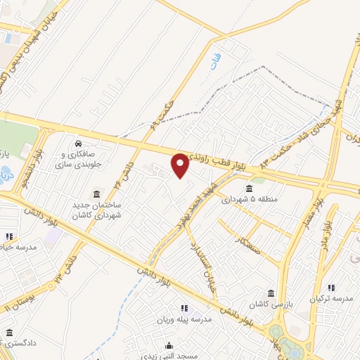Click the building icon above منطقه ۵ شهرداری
tap(250, 188)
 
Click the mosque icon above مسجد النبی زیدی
tap(169, 346)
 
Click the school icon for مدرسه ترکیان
tap(331, 287)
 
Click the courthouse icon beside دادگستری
tap(9, 332)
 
